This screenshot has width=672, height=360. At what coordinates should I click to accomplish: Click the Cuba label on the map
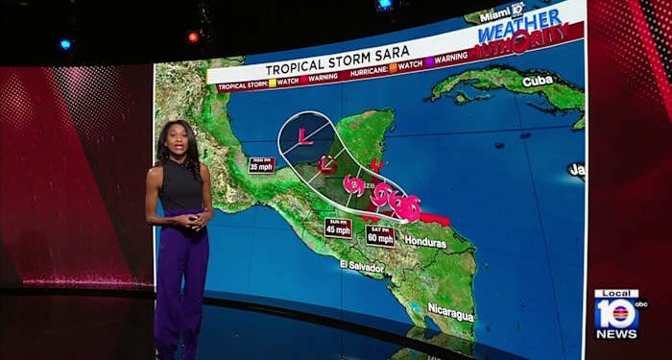(x=537, y=81)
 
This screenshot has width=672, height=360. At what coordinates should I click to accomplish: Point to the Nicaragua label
(x=451, y=314)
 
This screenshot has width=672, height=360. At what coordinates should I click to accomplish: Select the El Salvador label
(x=362, y=264)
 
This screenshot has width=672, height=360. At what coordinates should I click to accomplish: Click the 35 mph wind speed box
(x=260, y=164)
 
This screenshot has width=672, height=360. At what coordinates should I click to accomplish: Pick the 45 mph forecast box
(x=338, y=228)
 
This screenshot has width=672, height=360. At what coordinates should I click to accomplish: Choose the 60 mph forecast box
(x=379, y=235)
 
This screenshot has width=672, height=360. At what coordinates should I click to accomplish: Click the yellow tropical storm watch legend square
(x=273, y=84)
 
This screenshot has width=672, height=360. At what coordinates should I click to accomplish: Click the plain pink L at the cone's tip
(x=304, y=135)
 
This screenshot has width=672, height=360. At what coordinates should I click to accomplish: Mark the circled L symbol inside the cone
(x=326, y=163)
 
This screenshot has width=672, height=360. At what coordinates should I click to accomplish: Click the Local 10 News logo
(x=615, y=314)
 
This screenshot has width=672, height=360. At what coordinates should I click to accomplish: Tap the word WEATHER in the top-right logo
(x=523, y=28)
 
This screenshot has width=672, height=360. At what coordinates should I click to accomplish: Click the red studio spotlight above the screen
(x=193, y=36)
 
